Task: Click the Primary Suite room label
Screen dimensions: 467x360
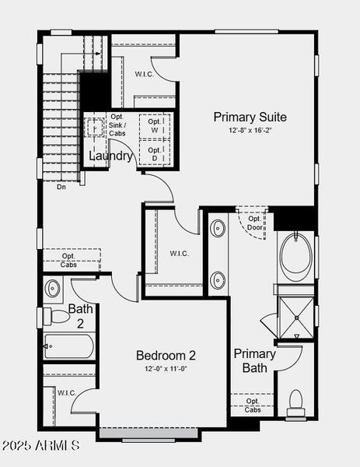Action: [250, 118]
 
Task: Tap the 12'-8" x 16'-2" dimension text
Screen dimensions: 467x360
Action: [250, 131]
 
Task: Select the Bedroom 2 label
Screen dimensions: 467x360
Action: [166, 356]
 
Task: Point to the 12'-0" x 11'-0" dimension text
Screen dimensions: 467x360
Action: [166, 368]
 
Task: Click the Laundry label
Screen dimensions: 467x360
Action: [110, 156]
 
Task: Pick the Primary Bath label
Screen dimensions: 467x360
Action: [255, 360]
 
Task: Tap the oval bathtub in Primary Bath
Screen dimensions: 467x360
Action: [295, 255]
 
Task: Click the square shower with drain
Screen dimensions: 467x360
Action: [295, 313]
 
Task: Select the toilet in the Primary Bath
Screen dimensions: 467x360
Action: [295, 402]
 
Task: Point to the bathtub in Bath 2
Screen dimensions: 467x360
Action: [69, 345]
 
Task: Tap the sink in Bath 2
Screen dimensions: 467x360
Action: [53, 289]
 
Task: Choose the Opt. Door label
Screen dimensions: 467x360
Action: [253, 223]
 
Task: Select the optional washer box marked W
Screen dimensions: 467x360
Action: [156, 125]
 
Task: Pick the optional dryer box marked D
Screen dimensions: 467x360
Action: [156, 153]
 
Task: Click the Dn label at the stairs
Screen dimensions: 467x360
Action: [61, 187]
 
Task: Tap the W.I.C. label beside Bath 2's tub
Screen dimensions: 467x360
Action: [66, 393]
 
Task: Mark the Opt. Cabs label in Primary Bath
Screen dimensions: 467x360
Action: [253, 406]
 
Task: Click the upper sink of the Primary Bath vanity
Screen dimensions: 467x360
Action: [218, 228]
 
